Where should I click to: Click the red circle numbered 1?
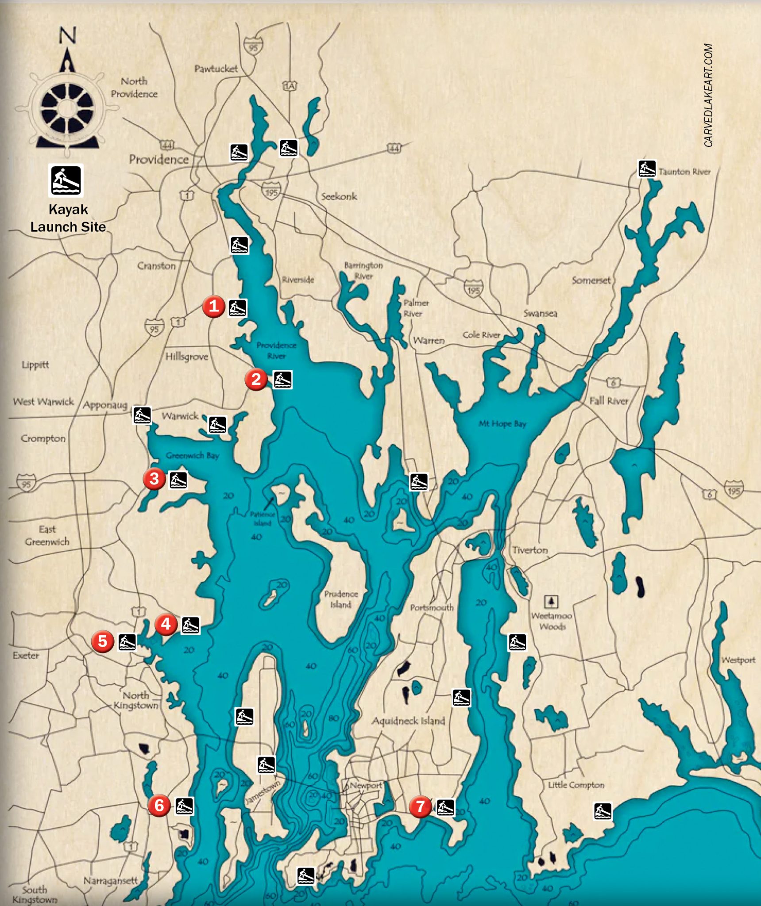(213, 306)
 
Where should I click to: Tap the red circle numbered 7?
(420, 806)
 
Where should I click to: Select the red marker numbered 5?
(102, 641)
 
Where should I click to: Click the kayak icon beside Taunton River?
(646, 169)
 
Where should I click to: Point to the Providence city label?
(158, 159)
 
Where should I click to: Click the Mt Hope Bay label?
(502, 423)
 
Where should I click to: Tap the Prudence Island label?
(340, 599)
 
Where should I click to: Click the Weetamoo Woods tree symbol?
(551, 602)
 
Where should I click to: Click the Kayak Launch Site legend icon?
(66, 180)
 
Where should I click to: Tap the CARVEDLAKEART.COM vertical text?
(708, 95)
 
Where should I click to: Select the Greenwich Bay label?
(192, 455)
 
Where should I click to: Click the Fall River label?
(609, 401)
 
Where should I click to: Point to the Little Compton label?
(576, 785)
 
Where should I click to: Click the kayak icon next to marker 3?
(178, 480)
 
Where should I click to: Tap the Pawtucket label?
(216, 69)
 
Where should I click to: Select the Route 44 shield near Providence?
(167, 145)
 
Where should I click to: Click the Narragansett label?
(111, 881)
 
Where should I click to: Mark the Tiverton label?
(529, 550)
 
